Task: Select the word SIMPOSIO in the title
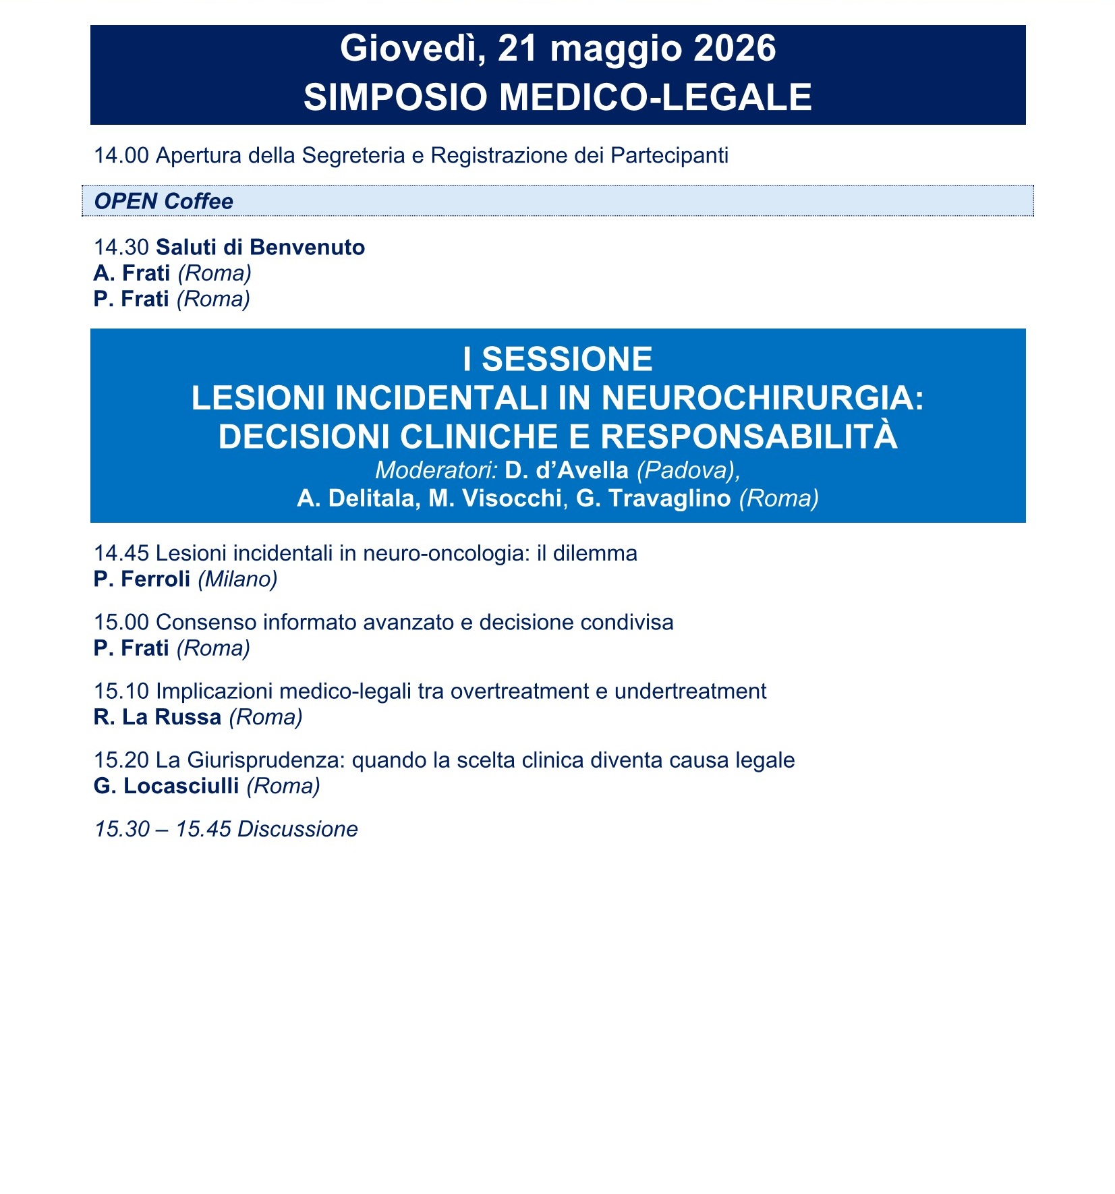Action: (x=395, y=97)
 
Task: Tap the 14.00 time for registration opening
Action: (x=121, y=156)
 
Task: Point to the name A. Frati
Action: (x=132, y=273)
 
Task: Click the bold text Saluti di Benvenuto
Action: (x=260, y=248)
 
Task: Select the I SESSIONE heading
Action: (x=557, y=359)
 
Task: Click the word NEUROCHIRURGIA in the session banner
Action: (x=762, y=398)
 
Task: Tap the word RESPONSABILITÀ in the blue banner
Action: (x=749, y=436)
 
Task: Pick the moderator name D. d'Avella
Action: (x=566, y=470)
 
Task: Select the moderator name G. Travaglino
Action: (x=653, y=499)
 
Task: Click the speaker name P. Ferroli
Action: (x=142, y=579)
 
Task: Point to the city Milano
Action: (x=237, y=579)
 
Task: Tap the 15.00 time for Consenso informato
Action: (x=121, y=623)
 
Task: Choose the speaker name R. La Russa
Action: (x=157, y=717)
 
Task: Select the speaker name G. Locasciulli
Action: (x=166, y=786)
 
